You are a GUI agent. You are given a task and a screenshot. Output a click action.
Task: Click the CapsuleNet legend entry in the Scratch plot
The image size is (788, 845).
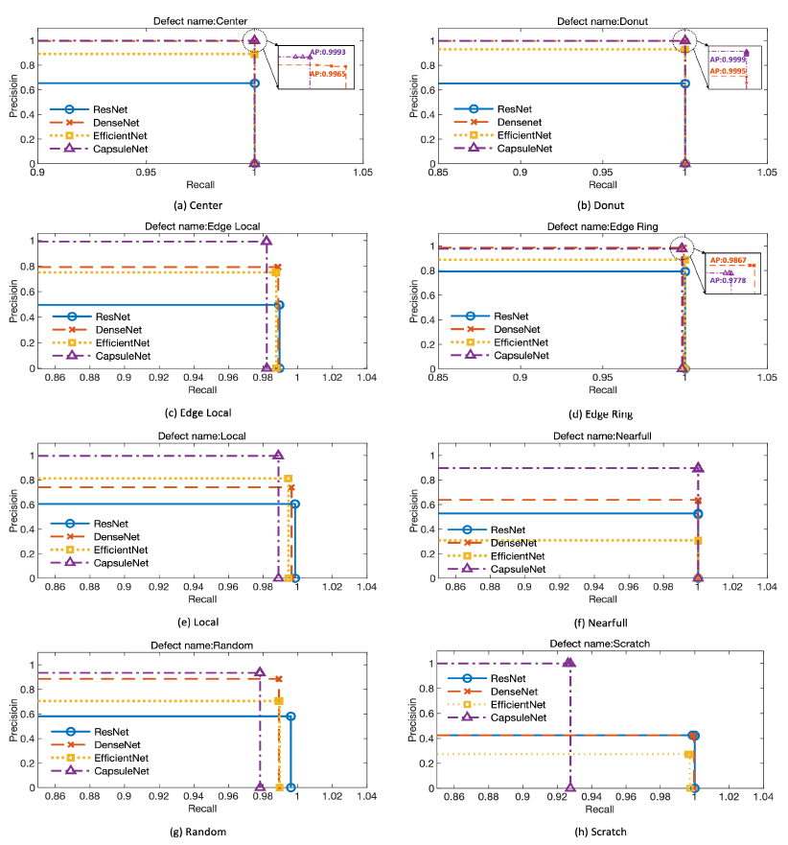pyautogui.click(x=518, y=717)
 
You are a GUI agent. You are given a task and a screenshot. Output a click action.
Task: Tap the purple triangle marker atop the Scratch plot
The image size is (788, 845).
pyautogui.click(x=569, y=663)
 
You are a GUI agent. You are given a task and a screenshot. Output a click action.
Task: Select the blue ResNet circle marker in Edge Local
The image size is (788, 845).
pyautogui.click(x=279, y=305)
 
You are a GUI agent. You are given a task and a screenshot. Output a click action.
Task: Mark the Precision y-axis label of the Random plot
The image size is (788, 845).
pyautogui.click(x=14, y=723)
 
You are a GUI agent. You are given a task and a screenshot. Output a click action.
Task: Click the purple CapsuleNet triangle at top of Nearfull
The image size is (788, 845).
pyautogui.click(x=698, y=468)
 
